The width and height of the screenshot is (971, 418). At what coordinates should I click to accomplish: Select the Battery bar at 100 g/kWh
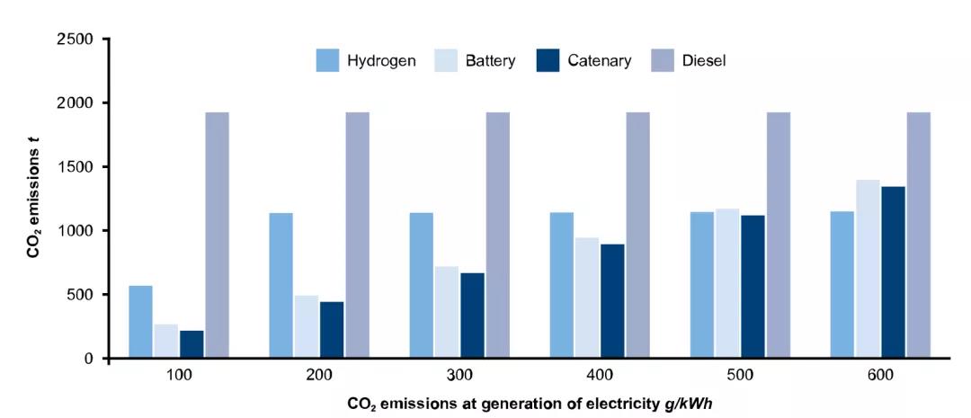(166, 341)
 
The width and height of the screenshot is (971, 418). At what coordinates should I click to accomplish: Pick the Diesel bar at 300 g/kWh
(498, 235)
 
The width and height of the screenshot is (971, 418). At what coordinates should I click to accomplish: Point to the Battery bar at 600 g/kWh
(868, 269)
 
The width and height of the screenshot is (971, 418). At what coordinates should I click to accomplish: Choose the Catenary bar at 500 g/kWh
(753, 286)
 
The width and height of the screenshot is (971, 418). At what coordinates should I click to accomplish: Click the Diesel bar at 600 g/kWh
(918, 235)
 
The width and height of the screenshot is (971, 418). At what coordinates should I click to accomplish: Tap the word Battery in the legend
(490, 61)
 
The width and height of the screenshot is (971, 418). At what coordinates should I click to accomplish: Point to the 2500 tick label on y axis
(76, 40)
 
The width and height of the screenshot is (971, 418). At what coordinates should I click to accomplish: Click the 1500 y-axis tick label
(76, 167)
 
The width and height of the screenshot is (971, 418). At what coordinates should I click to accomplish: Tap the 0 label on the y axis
(88, 359)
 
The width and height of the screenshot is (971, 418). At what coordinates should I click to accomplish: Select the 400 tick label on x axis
(599, 377)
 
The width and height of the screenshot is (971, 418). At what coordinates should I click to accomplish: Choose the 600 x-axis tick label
(879, 377)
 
